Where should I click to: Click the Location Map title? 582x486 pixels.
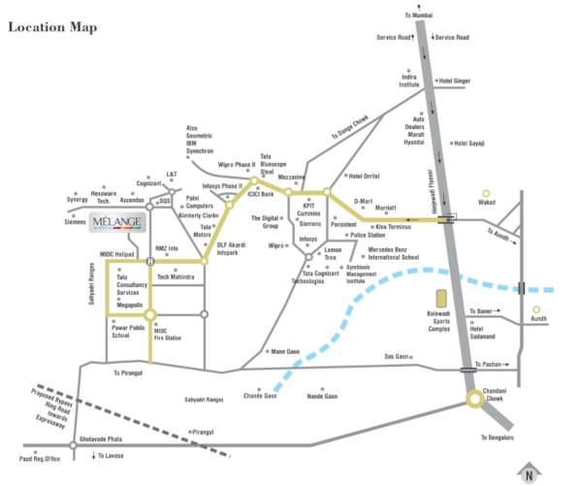click(53, 27)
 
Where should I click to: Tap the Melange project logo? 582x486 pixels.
click(117, 223)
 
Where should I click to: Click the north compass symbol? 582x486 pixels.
click(529, 473)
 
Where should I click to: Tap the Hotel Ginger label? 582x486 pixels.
click(455, 81)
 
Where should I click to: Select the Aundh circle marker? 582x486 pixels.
click(535, 311)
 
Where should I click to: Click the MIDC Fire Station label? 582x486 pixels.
click(168, 334)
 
